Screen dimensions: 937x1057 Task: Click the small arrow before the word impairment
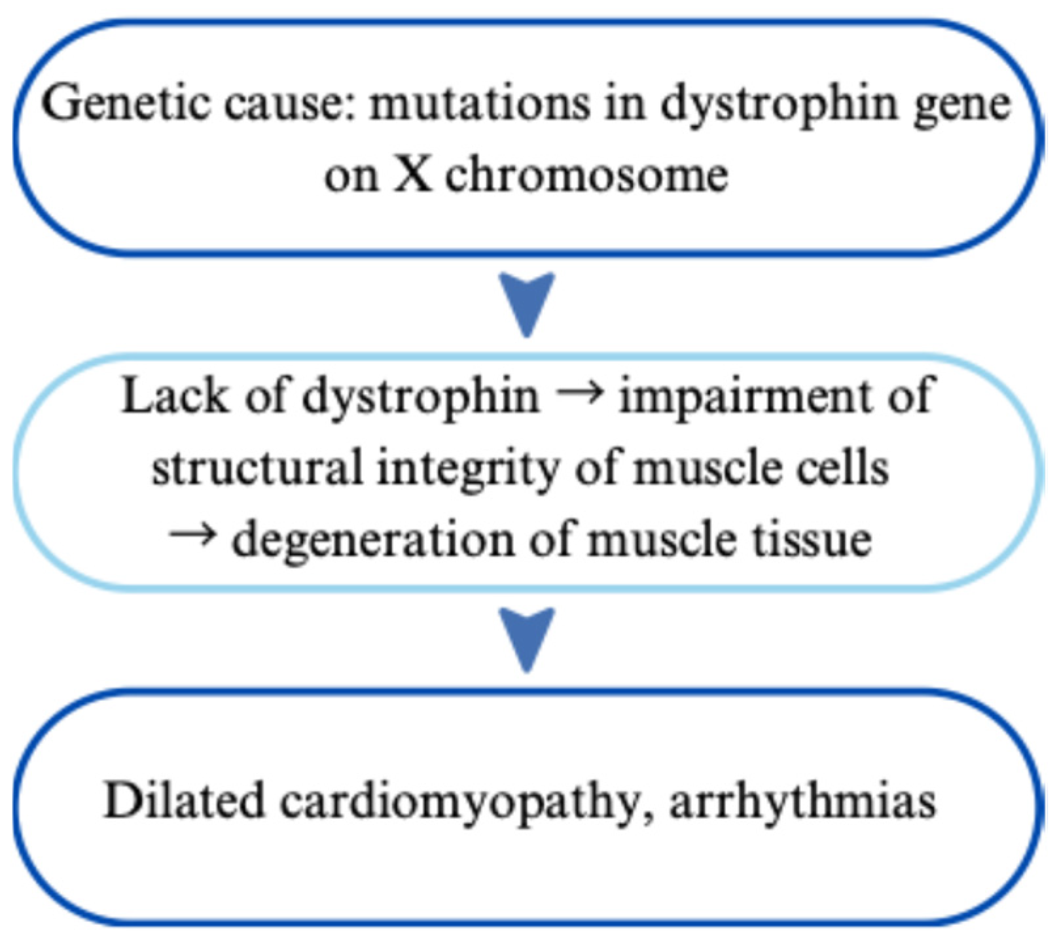579,395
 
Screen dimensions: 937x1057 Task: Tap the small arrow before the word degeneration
192,537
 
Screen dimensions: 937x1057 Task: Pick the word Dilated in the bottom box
183,800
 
